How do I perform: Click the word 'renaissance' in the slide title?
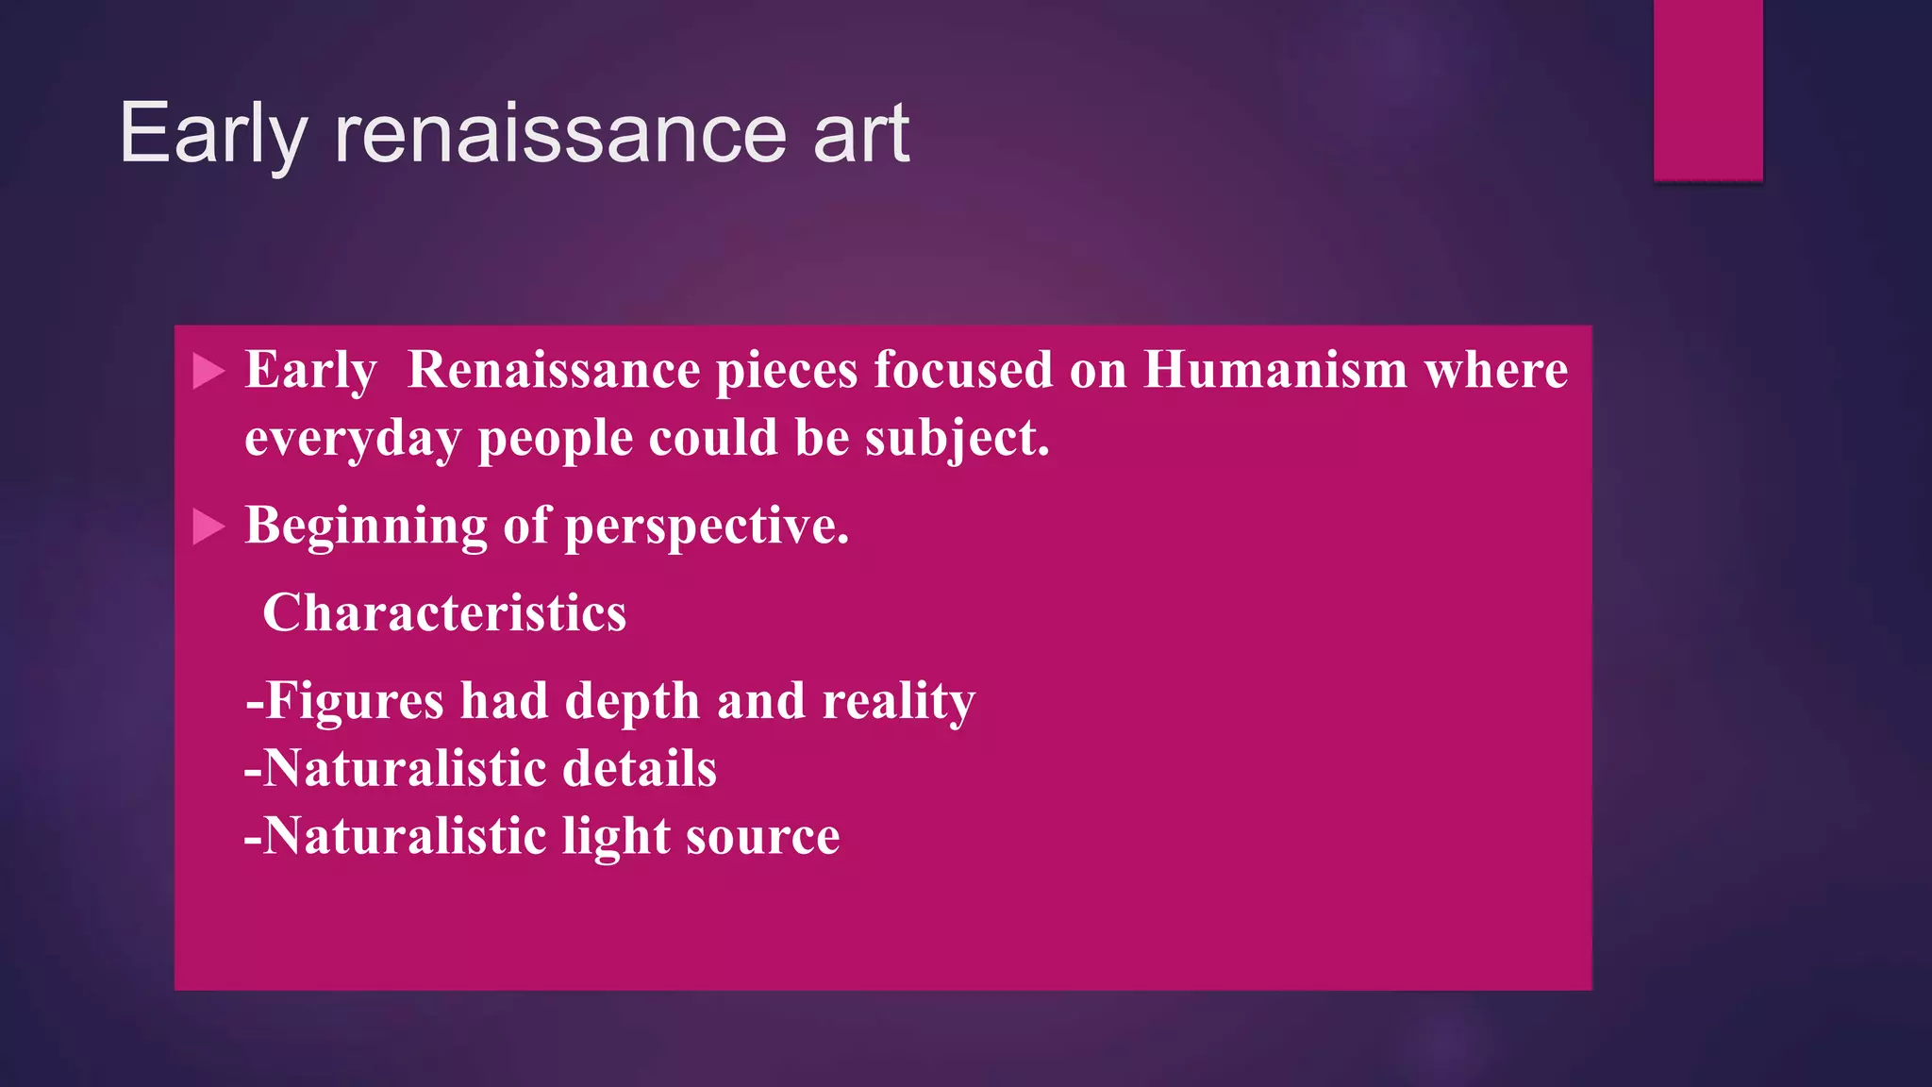click(560, 134)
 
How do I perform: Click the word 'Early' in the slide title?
click(213, 134)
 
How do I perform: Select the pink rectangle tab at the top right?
click(1707, 90)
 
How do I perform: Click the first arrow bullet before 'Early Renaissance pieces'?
click(208, 371)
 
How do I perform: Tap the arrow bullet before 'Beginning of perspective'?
click(208, 527)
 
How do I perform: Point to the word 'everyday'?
click(353, 439)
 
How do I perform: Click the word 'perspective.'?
click(707, 527)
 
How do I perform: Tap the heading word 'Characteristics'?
click(444, 613)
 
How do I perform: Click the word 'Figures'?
click(354, 701)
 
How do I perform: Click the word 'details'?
click(640, 768)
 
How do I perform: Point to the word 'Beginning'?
click(365, 527)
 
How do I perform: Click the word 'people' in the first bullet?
click(555, 439)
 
